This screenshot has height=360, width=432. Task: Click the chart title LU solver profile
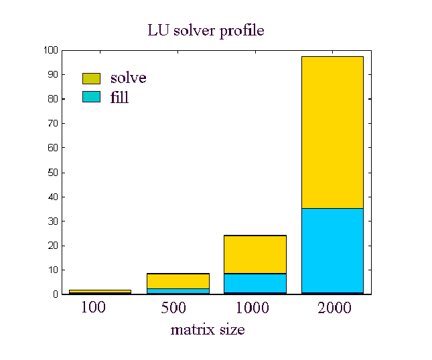206,31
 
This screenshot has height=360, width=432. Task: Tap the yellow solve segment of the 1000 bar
255,254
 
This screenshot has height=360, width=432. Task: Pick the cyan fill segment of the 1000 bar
255,283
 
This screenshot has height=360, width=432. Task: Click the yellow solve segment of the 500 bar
177,280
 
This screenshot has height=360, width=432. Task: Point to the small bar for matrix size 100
100,292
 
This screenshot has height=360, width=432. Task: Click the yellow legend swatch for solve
91,78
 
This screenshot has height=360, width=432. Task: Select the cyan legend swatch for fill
91,97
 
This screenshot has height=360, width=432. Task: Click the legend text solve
128,78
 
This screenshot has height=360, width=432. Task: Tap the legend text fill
119,98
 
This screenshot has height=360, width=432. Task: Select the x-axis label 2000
332,308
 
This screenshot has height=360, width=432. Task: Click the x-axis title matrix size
207,329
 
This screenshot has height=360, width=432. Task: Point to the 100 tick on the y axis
50,50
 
